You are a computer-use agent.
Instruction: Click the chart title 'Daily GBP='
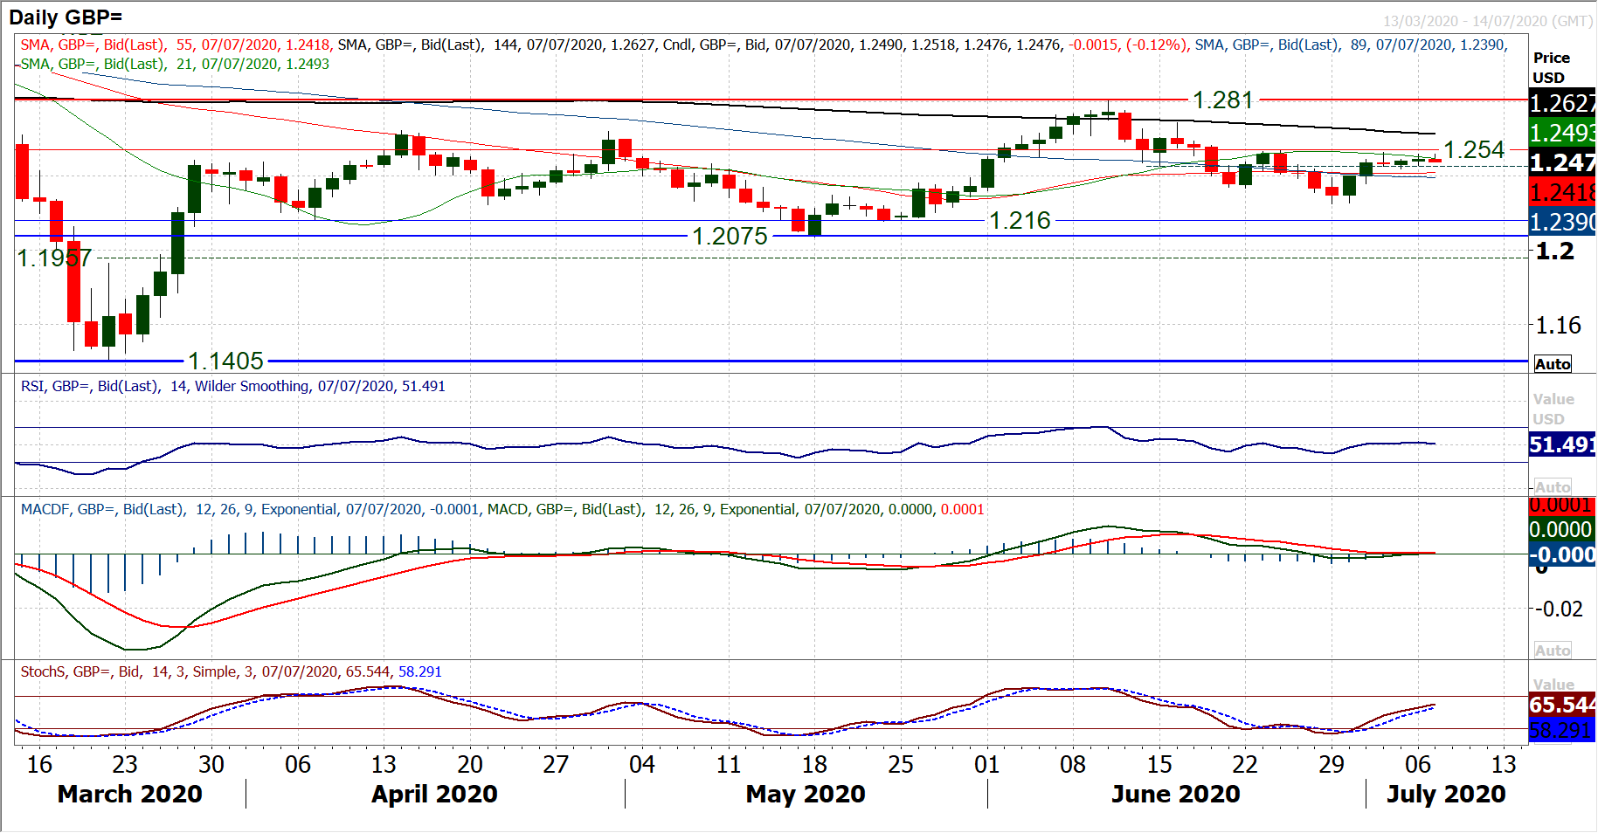point(66,17)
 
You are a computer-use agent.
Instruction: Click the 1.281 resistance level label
point(1222,100)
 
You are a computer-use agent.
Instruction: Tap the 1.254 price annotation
point(1474,150)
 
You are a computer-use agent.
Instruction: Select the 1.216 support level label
point(1020,220)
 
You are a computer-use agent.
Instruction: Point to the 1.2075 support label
point(730,236)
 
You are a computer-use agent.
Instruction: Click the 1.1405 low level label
point(225,361)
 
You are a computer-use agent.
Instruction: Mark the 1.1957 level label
point(54,258)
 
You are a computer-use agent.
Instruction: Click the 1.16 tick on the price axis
point(1559,326)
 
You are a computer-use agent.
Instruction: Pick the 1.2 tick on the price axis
point(1555,251)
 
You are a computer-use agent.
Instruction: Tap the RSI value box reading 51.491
point(1562,444)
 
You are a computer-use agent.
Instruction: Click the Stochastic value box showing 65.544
point(1562,705)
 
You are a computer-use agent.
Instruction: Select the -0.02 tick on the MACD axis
point(1560,609)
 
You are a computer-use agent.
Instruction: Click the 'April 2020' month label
point(434,794)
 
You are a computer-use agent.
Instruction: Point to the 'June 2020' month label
point(1175,794)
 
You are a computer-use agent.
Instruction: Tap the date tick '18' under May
point(814,764)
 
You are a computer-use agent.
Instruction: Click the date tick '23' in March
point(125,764)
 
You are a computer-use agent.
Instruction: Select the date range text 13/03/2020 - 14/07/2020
point(1487,21)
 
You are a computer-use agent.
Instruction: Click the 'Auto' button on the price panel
point(1553,364)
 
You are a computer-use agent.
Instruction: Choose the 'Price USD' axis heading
point(1551,67)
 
